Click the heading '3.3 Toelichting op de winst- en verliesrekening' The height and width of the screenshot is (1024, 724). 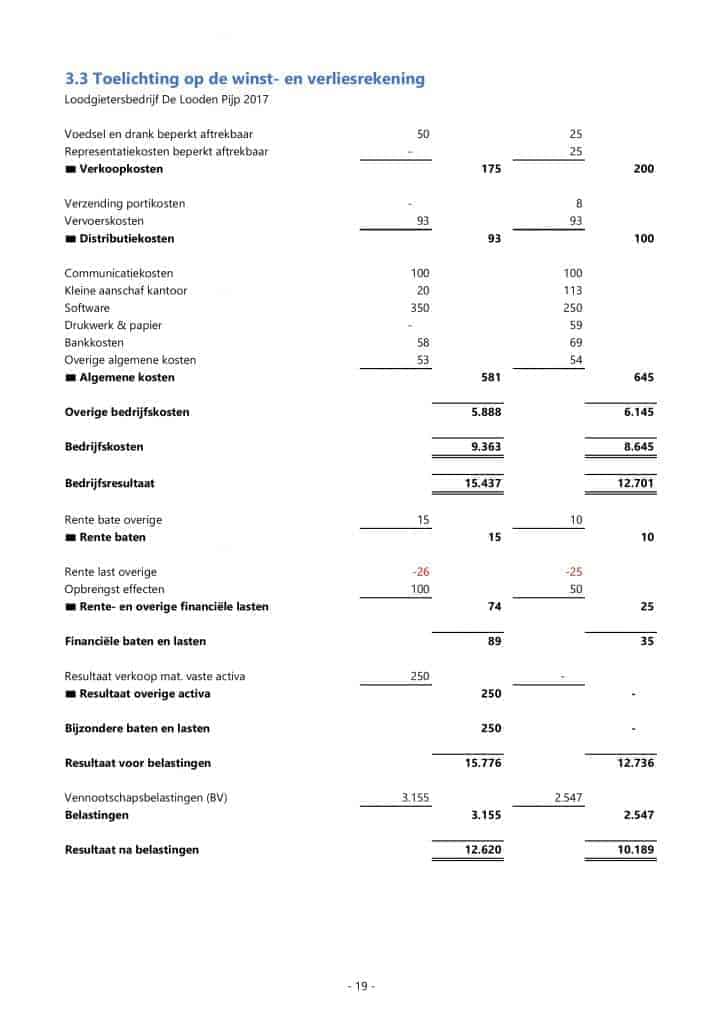coord(245,79)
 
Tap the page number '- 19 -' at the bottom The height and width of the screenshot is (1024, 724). coord(360,986)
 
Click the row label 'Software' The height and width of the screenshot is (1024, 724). coord(87,308)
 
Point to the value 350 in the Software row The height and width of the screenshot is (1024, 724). coord(420,308)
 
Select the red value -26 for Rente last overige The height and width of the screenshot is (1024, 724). coord(420,571)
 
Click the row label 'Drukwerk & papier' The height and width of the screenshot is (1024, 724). coord(113,325)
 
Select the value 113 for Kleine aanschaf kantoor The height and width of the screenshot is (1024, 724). coord(573,291)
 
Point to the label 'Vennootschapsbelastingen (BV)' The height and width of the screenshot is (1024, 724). coord(144,798)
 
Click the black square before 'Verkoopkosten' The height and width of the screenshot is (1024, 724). coord(70,169)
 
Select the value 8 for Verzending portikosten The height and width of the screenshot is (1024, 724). coord(579,204)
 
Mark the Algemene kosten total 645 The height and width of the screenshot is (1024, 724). coord(644,378)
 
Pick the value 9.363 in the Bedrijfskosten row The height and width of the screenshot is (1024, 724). coord(485,447)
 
